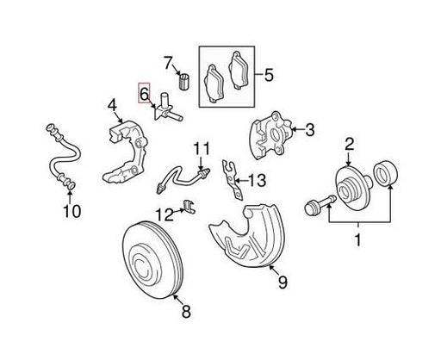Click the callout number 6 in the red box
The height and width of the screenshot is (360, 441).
[144, 93]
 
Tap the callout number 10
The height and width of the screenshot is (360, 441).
[72, 211]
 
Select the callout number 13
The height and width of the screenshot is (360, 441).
[257, 181]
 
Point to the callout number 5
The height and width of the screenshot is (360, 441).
[269, 75]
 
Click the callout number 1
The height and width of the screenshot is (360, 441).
[357, 240]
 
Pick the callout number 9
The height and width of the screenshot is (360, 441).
[283, 282]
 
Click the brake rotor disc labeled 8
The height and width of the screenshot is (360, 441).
[152, 259]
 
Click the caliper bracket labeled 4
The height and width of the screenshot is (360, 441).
[127, 152]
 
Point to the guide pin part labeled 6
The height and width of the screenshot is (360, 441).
[168, 109]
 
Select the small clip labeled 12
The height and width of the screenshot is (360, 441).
[189, 206]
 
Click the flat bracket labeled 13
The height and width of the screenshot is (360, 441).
[233, 180]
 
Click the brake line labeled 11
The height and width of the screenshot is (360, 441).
[183, 179]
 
